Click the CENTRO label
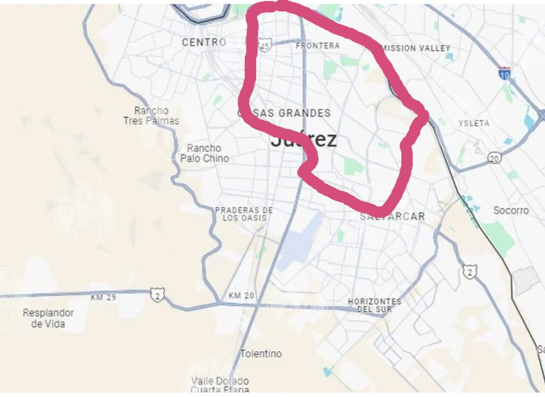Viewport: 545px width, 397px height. tap(204, 42)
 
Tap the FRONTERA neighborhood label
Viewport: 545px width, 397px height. tap(318, 46)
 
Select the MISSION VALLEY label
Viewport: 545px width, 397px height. tap(416, 48)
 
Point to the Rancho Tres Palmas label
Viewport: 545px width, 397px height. tap(151, 116)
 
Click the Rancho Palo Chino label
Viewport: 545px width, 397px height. tap(204, 153)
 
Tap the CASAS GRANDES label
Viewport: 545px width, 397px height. tap(284, 113)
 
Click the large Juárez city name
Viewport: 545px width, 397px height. tap(304, 140)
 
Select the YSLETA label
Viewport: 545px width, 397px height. tap(474, 123)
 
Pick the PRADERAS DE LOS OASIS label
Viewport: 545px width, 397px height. tap(244, 214)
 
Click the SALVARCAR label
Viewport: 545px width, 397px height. tap(392, 216)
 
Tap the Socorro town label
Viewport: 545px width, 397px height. tap(511, 210)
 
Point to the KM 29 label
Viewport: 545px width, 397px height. tap(104, 297)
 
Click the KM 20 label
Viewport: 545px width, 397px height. tap(242, 295)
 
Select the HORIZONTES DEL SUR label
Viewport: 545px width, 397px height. tap(375, 305)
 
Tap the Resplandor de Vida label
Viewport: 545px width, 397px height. tap(48, 318)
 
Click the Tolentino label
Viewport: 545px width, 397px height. tap(261, 353)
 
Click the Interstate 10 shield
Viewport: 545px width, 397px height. tap(505, 72)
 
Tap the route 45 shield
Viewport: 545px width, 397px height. tap(265, 46)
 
